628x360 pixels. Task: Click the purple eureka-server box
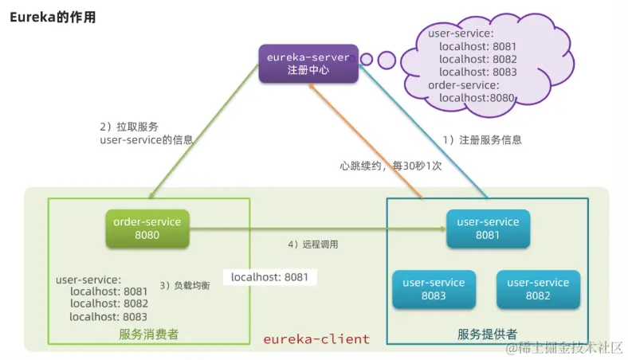[308, 64]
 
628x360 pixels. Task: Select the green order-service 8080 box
[147, 229]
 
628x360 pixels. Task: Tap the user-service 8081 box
[487, 229]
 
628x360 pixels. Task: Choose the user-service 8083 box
[434, 289]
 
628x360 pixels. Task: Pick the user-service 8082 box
[538, 289]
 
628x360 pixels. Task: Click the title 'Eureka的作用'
[53, 18]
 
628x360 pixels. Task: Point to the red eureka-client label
[316, 339]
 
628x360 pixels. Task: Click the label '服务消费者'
[148, 334]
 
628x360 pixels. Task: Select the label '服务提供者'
[487, 334]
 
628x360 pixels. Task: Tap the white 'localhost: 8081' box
[269, 277]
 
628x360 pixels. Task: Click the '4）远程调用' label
[312, 245]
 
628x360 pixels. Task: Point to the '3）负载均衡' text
[185, 284]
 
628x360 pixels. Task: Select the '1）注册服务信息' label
[482, 139]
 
